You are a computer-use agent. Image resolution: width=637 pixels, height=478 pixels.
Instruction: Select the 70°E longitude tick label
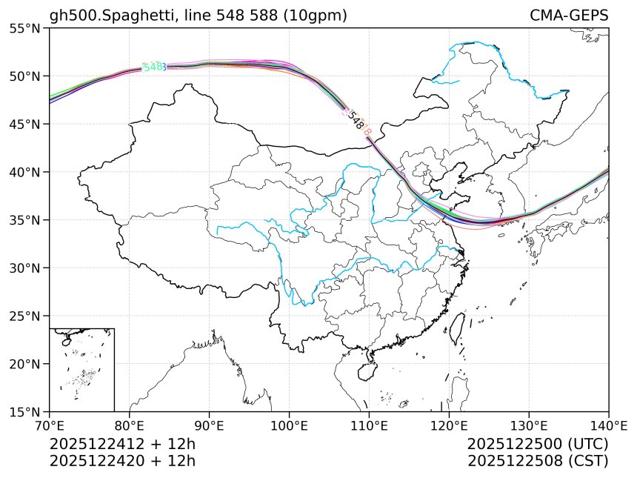coord(49,425)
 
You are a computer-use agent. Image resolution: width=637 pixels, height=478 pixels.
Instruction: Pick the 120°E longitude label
coord(449,425)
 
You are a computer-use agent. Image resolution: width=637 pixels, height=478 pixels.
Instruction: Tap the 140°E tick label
coord(608,425)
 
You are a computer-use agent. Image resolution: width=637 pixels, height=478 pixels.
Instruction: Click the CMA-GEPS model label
coord(569,16)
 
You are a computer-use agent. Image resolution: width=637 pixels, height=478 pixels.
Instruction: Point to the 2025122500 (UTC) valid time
coord(538,444)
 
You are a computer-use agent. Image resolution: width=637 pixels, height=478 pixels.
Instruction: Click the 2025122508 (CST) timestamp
coord(538,460)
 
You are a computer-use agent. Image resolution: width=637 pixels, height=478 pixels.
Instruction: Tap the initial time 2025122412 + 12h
coord(122,444)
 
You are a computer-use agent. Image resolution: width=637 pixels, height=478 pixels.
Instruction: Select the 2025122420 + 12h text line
coord(122,460)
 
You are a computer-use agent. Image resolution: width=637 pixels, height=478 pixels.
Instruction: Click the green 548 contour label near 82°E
coord(152,67)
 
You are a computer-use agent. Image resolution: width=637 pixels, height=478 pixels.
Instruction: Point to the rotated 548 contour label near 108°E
coord(356,121)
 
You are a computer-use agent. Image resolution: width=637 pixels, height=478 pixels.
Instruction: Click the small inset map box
coord(81,369)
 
